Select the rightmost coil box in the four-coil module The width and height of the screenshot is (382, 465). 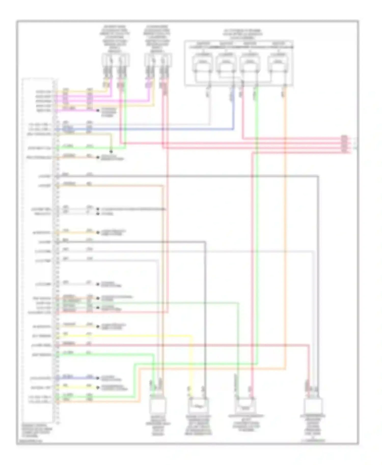coord(278,63)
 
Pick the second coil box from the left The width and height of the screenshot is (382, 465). coord(225,63)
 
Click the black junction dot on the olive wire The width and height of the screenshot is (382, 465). coord(111,152)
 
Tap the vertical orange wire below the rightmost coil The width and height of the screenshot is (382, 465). coord(285,229)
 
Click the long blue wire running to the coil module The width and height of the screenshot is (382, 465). coord(153,129)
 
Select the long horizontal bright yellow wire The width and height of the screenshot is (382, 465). coord(127,336)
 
